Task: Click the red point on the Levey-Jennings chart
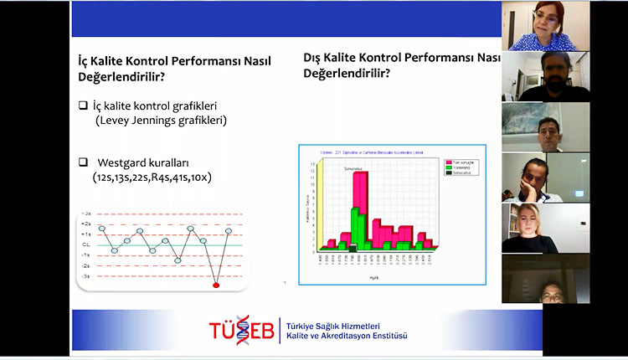point(216,285)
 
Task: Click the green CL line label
point(85,245)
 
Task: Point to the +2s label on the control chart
point(85,224)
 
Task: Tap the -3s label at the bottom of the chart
point(85,275)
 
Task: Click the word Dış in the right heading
point(315,59)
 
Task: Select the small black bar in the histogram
point(353,248)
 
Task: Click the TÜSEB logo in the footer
point(242,330)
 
